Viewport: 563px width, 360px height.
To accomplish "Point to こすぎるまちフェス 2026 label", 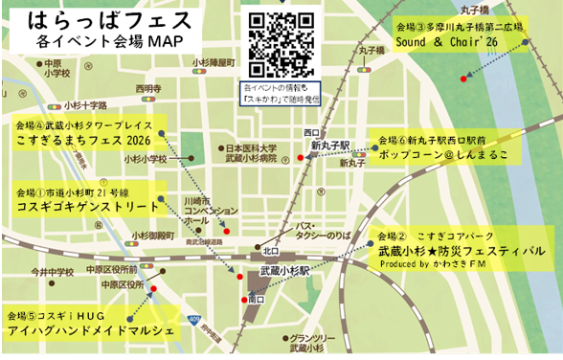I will point(84,140).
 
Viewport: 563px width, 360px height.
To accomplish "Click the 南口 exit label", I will point(256,300).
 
